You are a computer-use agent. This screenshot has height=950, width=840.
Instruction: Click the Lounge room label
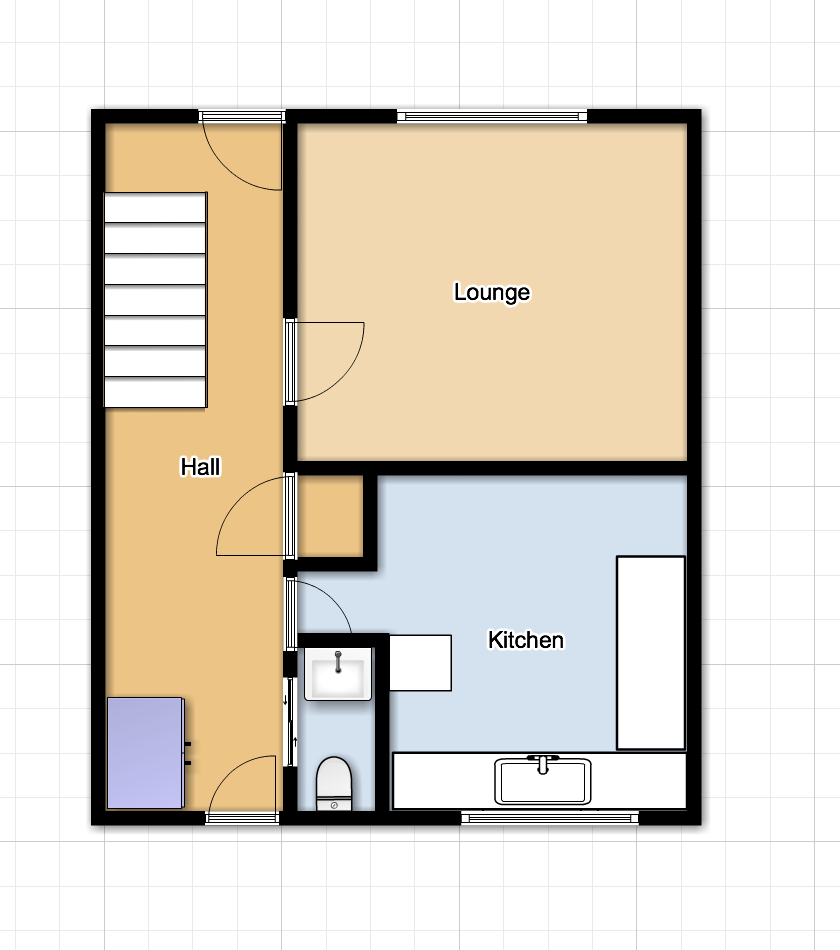click(x=492, y=292)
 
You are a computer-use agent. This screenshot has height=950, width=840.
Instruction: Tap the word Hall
click(x=201, y=467)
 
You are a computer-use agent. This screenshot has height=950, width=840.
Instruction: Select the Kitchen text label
click(x=526, y=640)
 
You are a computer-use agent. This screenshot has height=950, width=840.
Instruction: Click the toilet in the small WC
click(x=334, y=783)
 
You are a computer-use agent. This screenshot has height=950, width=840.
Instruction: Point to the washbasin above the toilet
click(x=338, y=674)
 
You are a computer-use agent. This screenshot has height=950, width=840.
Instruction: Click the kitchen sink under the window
click(x=543, y=781)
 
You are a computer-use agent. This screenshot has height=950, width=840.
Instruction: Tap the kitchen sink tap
click(x=543, y=764)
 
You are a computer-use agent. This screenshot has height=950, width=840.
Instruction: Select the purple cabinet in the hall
click(x=146, y=753)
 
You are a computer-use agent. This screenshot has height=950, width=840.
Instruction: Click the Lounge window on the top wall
click(x=492, y=116)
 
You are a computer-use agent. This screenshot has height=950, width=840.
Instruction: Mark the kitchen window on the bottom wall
click(x=550, y=819)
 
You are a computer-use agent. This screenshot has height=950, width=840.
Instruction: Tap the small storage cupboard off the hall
click(x=330, y=516)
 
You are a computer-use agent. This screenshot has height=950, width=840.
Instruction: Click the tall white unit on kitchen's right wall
click(x=651, y=653)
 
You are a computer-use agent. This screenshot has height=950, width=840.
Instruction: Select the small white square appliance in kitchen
click(x=420, y=662)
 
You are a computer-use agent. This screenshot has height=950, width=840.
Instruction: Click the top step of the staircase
click(x=155, y=208)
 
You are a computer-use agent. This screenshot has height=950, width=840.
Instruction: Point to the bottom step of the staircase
click(x=155, y=393)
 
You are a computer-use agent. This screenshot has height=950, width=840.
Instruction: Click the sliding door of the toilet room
click(x=290, y=722)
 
